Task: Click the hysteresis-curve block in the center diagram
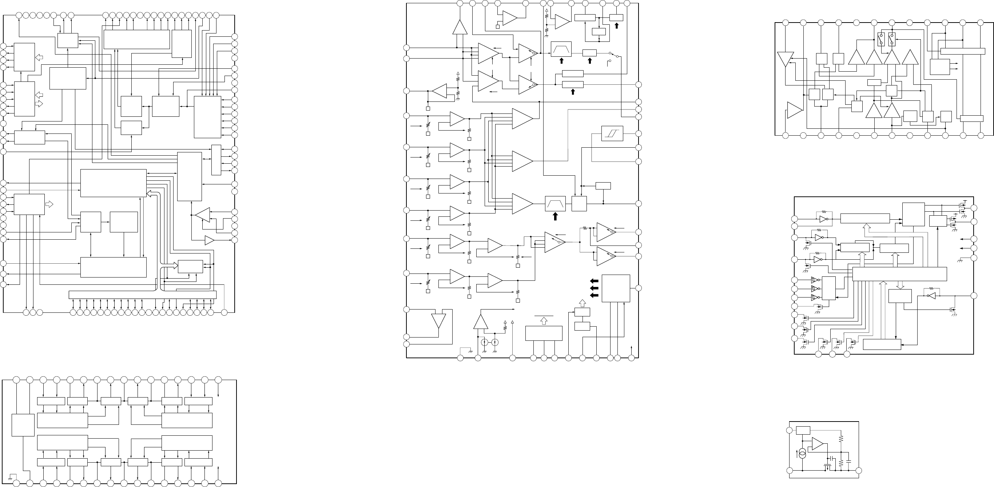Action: tap(612, 133)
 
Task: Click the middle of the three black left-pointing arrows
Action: tap(594, 288)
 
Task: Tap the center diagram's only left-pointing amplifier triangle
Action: tap(440, 91)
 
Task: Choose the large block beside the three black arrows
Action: tap(616, 288)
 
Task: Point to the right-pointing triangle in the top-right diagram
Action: tap(795, 110)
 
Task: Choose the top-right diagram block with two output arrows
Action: tap(939, 67)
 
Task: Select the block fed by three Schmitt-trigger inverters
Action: tap(829, 288)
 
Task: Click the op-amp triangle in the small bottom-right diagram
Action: tap(817, 444)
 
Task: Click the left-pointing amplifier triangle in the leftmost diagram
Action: tap(203, 215)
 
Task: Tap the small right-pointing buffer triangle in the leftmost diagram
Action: tap(210, 240)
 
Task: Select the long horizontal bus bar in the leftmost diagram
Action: tap(142, 295)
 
